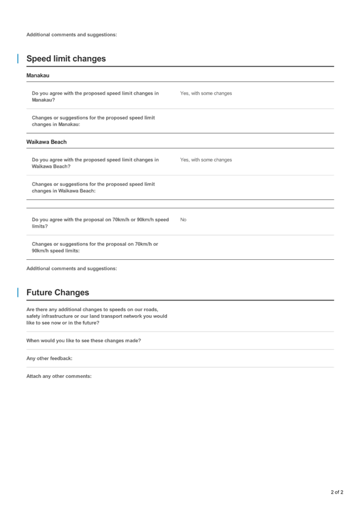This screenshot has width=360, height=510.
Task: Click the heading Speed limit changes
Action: tap(66, 59)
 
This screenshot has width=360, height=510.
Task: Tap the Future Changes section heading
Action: tap(58, 293)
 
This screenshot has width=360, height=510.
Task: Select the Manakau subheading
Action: tap(38, 76)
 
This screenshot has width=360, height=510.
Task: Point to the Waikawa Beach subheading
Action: tap(46, 142)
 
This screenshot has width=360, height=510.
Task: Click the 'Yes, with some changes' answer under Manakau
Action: tap(206, 93)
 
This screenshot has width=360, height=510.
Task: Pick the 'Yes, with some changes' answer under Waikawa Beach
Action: tap(206, 160)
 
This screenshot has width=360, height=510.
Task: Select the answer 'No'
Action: tap(183, 220)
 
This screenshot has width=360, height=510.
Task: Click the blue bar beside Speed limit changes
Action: tap(18, 59)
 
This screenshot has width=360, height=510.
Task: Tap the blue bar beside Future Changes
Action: tap(18, 293)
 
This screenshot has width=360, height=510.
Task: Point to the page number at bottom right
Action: tap(336, 492)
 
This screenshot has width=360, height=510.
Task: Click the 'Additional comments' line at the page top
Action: tap(72, 35)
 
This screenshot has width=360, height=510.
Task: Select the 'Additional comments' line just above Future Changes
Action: tap(72, 268)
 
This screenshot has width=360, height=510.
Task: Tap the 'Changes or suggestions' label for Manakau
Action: tap(93, 121)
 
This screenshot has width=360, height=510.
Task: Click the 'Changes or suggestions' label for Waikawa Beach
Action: tap(93, 188)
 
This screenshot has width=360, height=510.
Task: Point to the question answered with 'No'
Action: tap(100, 223)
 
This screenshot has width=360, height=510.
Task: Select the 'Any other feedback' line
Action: tap(49, 358)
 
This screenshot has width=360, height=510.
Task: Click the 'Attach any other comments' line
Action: tap(59, 376)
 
